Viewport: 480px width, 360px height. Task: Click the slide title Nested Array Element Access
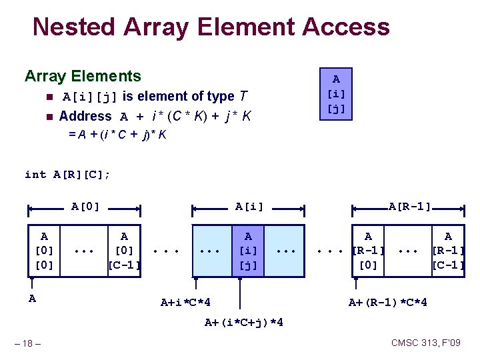211,27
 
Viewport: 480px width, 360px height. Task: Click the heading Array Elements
83,76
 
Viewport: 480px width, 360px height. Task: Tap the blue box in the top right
336,94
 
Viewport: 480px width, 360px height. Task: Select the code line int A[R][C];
67,174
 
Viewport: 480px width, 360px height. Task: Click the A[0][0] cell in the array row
44,251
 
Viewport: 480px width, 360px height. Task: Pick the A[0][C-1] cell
124,251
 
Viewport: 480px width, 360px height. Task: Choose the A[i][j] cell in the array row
248,251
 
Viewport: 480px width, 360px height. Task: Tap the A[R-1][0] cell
369,251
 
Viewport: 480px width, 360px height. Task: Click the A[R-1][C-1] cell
448,251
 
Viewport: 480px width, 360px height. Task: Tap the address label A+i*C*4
186,303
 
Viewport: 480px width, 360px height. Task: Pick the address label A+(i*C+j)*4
244,323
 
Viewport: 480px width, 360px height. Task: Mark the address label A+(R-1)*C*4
388,303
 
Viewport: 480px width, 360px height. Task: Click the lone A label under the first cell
32,299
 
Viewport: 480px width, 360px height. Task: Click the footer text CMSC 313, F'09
426,343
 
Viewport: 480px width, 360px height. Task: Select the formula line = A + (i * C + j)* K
117,134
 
